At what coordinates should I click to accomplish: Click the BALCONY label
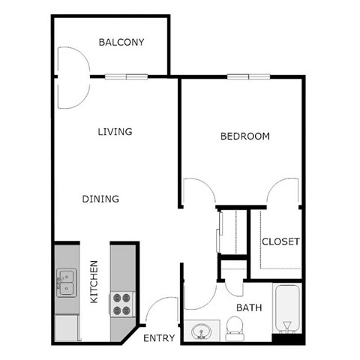click(121, 42)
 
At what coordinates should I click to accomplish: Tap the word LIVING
click(115, 132)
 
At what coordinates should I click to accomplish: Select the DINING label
click(100, 199)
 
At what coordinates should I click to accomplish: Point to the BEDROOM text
click(244, 136)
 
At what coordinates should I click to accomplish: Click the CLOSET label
click(280, 241)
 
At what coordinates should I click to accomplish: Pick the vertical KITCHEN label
click(94, 281)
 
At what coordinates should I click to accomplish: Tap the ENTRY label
click(158, 338)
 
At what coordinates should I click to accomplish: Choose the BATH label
click(248, 307)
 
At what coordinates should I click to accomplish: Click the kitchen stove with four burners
click(122, 303)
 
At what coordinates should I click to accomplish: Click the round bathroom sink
click(201, 331)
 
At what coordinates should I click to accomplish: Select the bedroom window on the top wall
click(239, 76)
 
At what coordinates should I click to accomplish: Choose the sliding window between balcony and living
click(125, 76)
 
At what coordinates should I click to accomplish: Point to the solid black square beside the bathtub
click(286, 339)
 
